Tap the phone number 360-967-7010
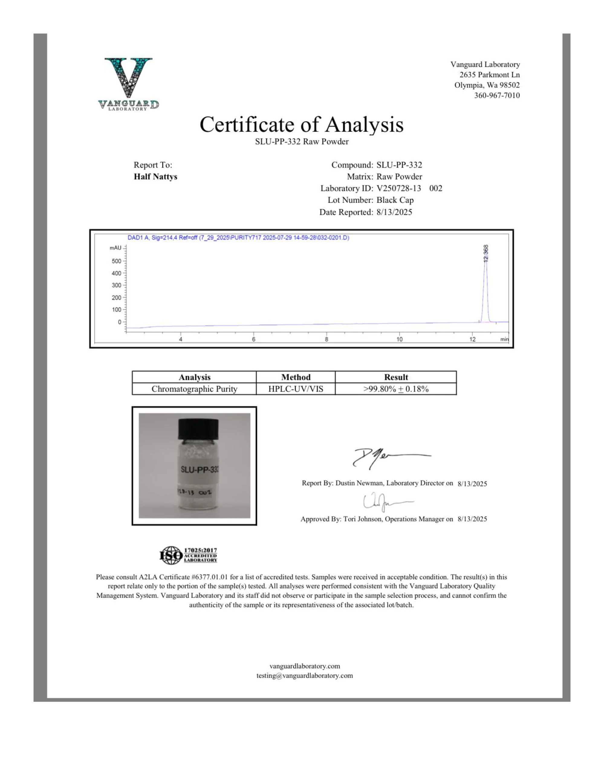click(497, 95)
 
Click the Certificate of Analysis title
click(301, 125)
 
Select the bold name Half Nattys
click(155, 177)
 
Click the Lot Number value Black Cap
click(395, 200)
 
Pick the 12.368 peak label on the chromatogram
click(486, 253)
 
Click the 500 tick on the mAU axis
click(117, 261)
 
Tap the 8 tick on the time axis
click(327, 339)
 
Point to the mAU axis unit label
click(115, 248)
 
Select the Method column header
click(296, 377)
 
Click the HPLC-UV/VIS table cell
click(296, 389)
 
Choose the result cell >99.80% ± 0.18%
click(396, 389)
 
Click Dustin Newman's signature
click(386, 457)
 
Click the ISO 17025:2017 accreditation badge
click(188, 555)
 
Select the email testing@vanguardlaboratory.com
click(304, 675)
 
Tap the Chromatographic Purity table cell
click(194, 389)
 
